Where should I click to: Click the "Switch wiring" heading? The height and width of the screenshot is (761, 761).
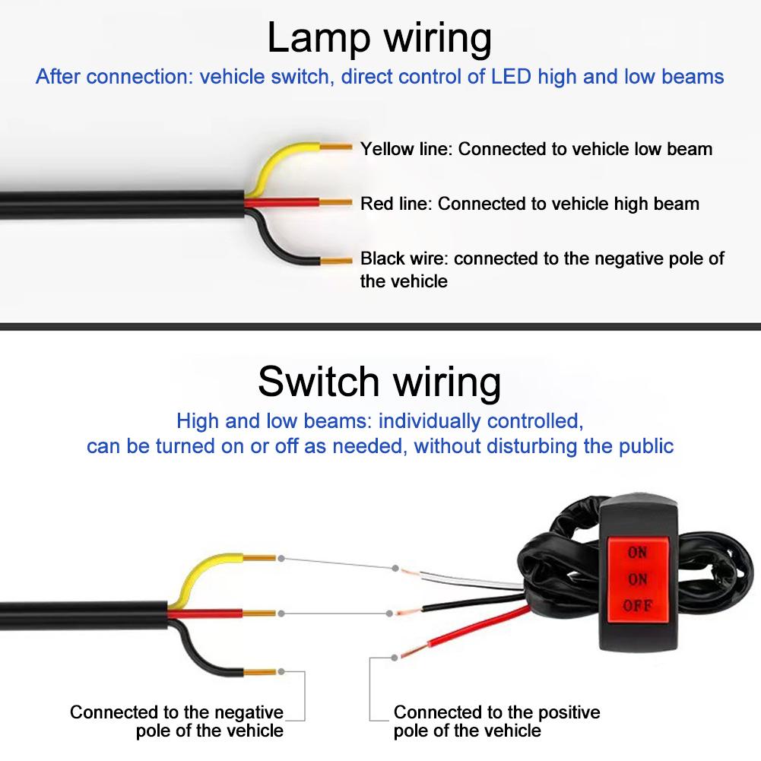[379, 382]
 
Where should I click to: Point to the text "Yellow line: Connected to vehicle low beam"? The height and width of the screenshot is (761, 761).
[536, 149]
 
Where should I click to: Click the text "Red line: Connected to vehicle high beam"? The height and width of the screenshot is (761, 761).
[529, 204]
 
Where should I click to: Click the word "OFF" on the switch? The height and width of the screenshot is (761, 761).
[637, 606]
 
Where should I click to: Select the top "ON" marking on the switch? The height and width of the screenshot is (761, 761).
[637, 553]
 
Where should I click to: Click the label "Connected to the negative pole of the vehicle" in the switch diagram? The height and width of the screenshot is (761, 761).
[176, 721]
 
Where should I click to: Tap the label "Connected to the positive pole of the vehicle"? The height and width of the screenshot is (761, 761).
[496, 721]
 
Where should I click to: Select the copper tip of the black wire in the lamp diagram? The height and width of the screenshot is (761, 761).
[335, 259]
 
